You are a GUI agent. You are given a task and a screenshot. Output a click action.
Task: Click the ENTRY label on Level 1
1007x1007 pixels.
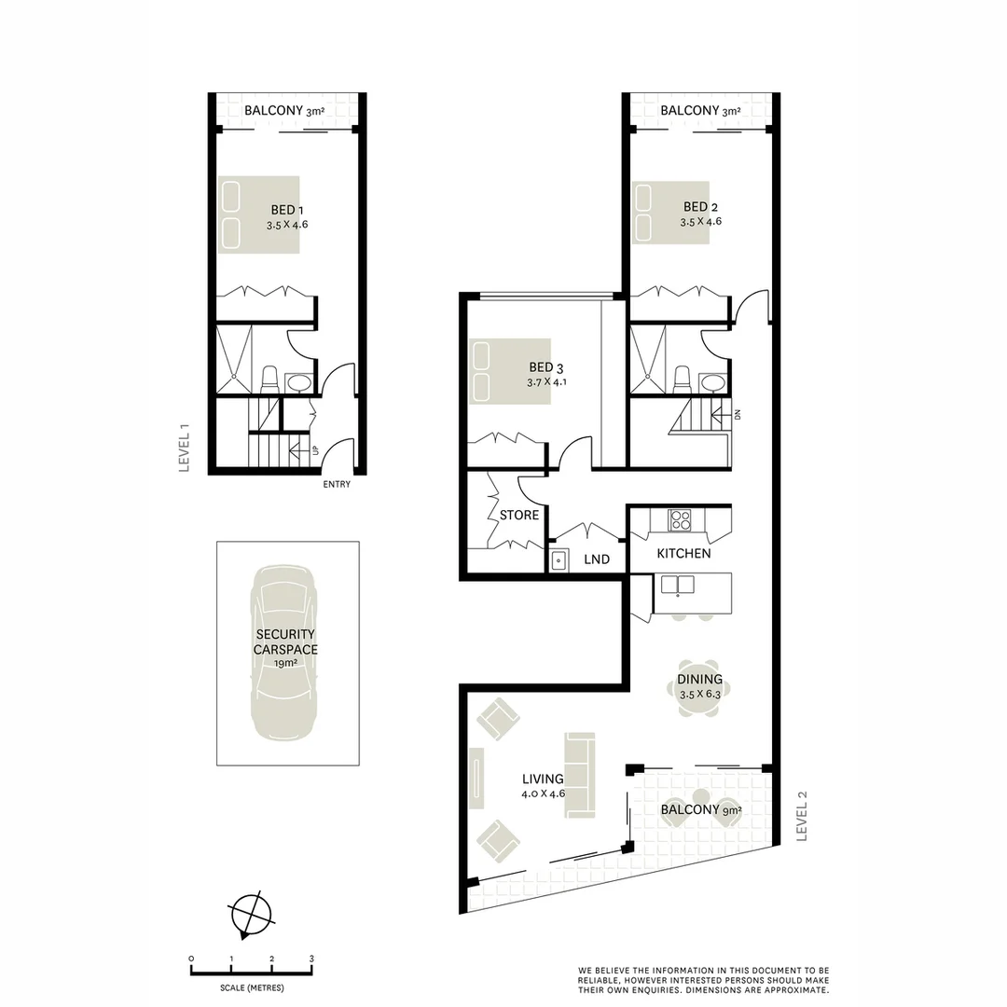pos(337,484)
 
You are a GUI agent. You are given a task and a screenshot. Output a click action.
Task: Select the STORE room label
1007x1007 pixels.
pos(519,515)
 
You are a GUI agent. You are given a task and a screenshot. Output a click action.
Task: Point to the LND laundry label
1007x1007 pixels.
pos(597,559)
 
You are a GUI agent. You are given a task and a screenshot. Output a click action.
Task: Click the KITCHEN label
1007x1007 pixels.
pos(683,553)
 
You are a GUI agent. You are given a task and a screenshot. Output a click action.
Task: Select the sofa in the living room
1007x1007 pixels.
pos(578,776)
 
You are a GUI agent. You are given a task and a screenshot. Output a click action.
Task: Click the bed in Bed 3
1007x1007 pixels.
pos(510,371)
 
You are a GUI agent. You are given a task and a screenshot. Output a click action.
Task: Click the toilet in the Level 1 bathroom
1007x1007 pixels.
pos(270,379)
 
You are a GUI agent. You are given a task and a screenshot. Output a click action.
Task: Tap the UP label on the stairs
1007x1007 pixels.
pos(315,451)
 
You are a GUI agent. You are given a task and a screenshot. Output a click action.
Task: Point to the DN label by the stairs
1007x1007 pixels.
pos(737,415)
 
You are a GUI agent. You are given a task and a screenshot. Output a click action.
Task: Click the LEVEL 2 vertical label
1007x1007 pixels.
pos(801,816)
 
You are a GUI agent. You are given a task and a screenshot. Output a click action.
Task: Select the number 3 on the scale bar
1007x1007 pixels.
pos(311,959)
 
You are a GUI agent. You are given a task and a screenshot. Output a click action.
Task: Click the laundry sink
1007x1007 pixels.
pos(559,559)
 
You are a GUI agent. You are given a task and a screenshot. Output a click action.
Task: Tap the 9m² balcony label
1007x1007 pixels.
pos(701,809)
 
